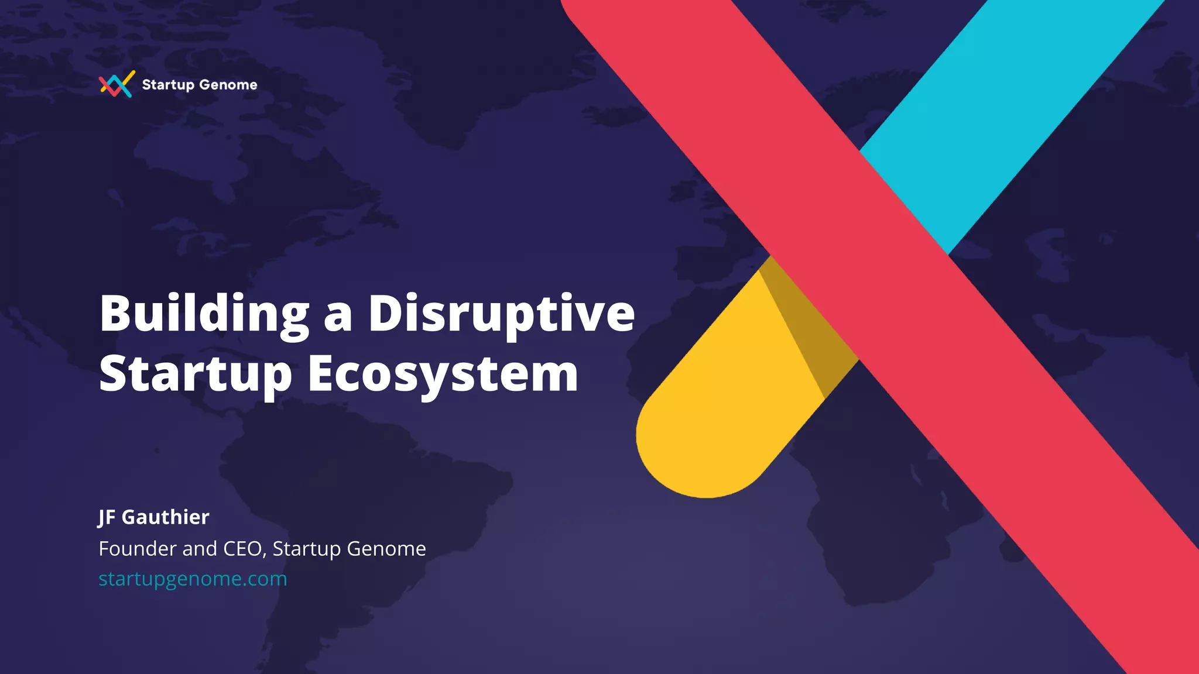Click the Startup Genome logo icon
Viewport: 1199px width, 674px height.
click(x=117, y=84)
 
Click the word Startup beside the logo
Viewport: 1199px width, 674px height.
click(x=168, y=85)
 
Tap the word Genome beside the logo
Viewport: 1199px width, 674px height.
click(x=228, y=85)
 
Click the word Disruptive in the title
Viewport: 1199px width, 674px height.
click(x=501, y=314)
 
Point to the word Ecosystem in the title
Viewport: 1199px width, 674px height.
click(x=443, y=374)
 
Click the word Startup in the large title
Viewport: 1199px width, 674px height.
click(x=196, y=374)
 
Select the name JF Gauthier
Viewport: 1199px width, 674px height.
click(x=153, y=517)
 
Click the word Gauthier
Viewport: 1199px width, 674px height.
click(x=165, y=517)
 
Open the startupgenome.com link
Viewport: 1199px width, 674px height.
click(x=193, y=579)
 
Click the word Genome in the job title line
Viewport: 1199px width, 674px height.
click(x=386, y=549)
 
